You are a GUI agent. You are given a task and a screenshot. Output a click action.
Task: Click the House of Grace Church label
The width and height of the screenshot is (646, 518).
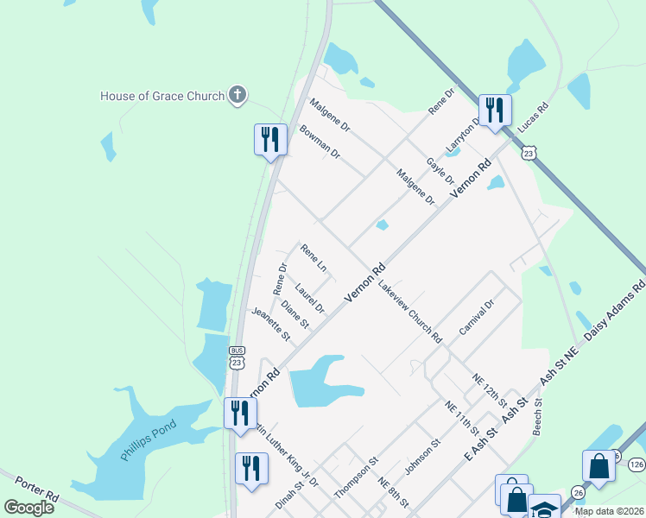(x=162, y=96)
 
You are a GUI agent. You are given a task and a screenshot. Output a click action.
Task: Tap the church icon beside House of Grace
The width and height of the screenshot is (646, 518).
(x=238, y=96)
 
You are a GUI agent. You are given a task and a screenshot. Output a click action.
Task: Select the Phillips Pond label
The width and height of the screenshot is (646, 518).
(x=148, y=439)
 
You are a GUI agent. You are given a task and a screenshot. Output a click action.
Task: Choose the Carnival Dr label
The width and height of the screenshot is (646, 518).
(x=476, y=318)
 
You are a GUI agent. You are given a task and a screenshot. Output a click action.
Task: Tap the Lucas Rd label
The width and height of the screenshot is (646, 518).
(x=533, y=122)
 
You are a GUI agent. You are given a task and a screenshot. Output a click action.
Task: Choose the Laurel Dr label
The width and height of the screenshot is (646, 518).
(x=309, y=298)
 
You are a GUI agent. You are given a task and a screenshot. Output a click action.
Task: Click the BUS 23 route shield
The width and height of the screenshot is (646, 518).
(x=237, y=357)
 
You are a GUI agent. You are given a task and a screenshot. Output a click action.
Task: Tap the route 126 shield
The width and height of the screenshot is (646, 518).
(x=636, y=464)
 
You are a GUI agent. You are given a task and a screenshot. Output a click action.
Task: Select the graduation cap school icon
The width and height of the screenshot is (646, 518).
(x=544, y=508)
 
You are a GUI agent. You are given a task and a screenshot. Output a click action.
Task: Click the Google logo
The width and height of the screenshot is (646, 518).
(x=28, y=507)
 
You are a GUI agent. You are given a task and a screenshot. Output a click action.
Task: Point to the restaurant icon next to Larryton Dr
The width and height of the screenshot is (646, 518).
(x=495, y=111)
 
